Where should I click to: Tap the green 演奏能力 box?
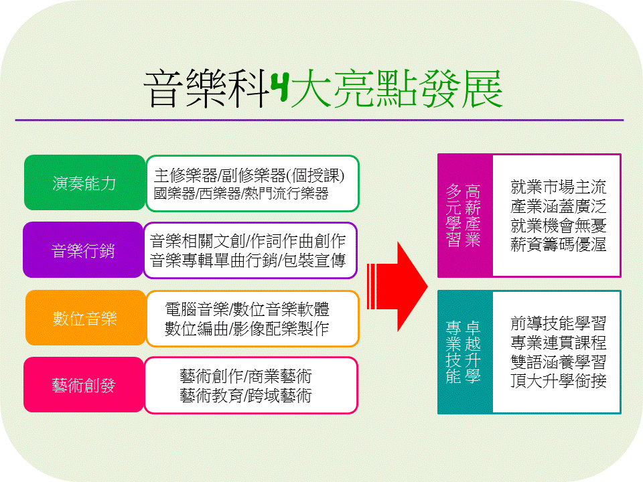click(x=84, y=183)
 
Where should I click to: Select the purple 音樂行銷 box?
click(x=83, y=250)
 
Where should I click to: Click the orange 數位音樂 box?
click(x=86, y=318)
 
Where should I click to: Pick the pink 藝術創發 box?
click(x=84, y=385)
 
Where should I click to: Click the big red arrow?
click(x=397, y=287)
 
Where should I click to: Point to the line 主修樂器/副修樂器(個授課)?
click(x=249, y=175)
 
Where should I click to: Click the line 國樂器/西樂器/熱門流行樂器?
click(x=241, y=193)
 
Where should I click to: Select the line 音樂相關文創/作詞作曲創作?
click(x=248, y=241)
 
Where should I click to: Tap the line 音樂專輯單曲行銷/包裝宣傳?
click(x=248, y=260)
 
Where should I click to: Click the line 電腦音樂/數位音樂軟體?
click(x=247, y=309)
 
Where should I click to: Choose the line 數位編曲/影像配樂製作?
click(x=247, y=329)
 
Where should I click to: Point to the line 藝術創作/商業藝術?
click(x=246, y=376)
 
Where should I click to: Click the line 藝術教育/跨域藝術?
click(x=246, y=396)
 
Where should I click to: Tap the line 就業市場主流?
click(x=558, y=187)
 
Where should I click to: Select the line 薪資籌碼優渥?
click(x=558, y=245)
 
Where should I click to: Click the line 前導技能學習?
click(x=558, y=323)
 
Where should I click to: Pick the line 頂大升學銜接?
click(x=558, y=381)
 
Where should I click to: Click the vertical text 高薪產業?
click(x=473, y=216)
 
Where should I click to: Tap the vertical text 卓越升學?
click(x=473, y=351)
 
